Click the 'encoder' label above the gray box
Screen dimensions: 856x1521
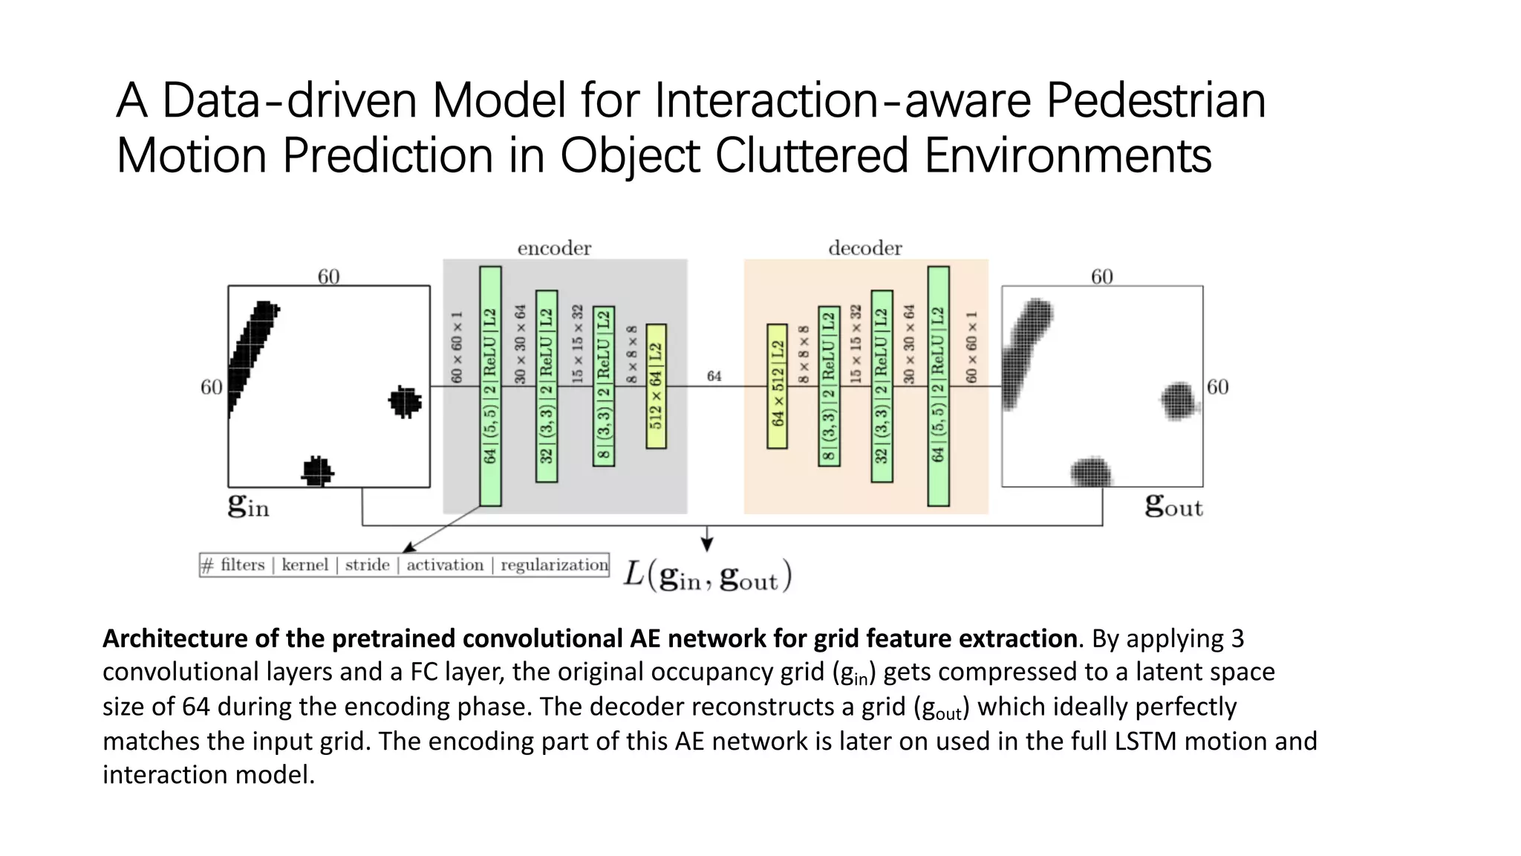[554, 248]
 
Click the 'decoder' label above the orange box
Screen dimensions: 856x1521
[864, 248]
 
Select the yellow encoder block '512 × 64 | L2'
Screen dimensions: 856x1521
[656, 386]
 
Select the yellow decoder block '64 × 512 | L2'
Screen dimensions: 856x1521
[777, 386]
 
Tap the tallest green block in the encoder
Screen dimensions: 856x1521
[490, 386]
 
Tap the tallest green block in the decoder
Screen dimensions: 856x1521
[938, 386]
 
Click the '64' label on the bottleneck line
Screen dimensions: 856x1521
[714, 377]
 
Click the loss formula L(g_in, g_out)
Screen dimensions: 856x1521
[707, 576]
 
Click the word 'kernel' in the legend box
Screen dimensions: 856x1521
[304, 565]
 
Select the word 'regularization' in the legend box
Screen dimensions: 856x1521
[554, 565]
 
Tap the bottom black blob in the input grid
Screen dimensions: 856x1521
[318, 471]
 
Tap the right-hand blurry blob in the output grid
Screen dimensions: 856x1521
[1179, 401]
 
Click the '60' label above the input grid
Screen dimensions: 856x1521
[328, 276]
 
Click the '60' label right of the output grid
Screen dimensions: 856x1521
[1217, 386]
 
